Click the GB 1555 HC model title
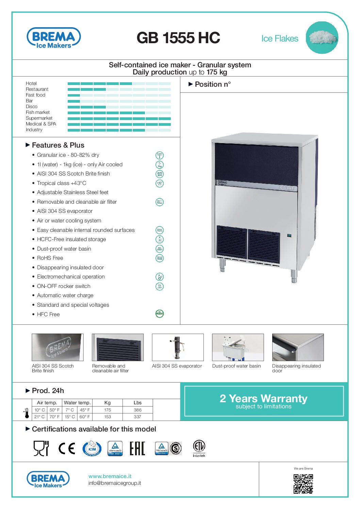click(x=178, y=38)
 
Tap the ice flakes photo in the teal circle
click(x=322, y=37)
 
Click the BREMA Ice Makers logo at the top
click(x=54, y=38)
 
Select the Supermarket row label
click(x=39, y=118)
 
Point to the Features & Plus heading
click(x=58, y=145)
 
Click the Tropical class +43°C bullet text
click(x=62, y=183)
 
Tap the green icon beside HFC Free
click(x=159, y=313)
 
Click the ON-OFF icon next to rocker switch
click(x=159, y=286)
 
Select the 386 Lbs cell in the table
click(x=137, y=410)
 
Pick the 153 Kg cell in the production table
click(x=108, y=417)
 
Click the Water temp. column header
click(x=77, y=403)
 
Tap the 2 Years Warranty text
click(x=263, y=398)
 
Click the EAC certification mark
click(x=137, y=448)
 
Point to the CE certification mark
click(x=67, y=448)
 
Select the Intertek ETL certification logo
click(x=199, y=448)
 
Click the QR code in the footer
click(x=303, y=483)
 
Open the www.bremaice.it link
click(x=110, y=476)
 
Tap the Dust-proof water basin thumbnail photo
click(x=238, y=347)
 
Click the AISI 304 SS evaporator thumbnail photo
click(x=178, y=347)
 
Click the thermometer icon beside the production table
click(x=27, y=413)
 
